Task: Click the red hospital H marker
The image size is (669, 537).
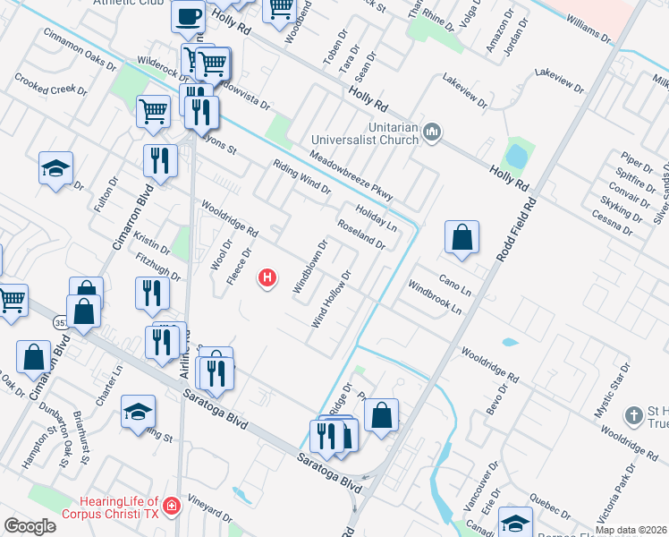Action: coord(267,279)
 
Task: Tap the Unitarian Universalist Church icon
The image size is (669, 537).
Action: coord(433,133)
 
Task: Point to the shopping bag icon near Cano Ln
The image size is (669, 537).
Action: coord(462,238)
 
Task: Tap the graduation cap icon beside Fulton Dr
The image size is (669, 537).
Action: coord(55,168)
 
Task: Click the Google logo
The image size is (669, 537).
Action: coord(30,526)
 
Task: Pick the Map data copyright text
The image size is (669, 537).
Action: coord(630,529)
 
